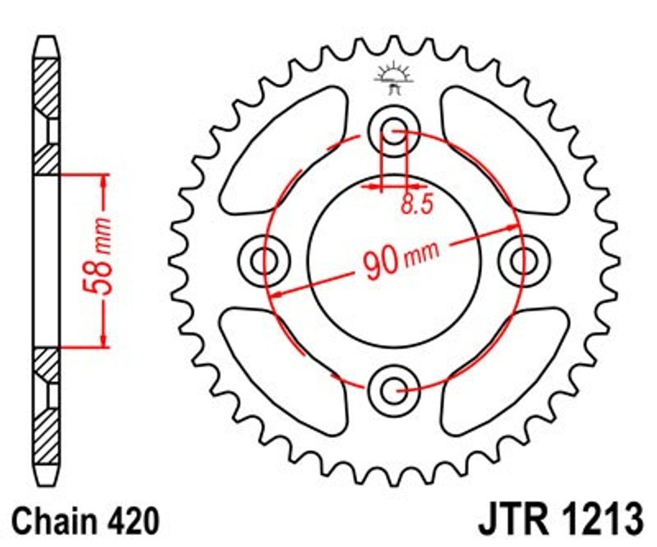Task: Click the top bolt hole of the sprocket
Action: tap(394, 131)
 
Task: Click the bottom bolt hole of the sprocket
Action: tap(394, 390)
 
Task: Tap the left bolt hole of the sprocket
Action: tap(264, 261)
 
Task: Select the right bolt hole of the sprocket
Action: tap(524, 261)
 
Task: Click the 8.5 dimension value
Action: tap(416, 204)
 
